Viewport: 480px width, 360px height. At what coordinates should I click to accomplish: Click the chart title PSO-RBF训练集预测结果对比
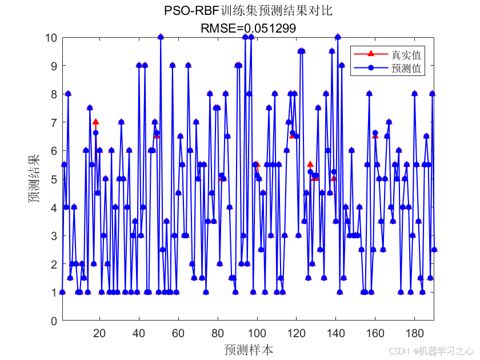(247, 11)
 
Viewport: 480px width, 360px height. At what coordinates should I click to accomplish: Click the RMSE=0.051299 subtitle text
(247, 27)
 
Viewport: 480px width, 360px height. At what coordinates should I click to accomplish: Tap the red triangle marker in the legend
(370, 54)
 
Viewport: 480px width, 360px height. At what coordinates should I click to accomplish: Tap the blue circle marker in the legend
(370, 68)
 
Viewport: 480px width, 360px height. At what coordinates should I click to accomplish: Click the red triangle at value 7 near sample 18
(95, 122)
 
